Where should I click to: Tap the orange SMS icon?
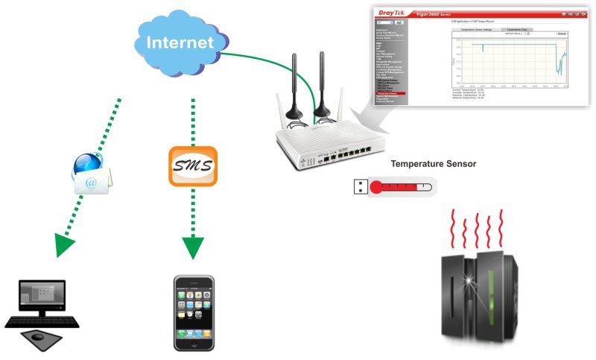pyautogui.click(x=192, y=166)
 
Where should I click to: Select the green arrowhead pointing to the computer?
pyautogui.click(x=66, y=245)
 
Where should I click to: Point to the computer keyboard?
pyautogui.click(x=42, y=322)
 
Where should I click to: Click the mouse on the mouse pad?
pyautogui.click(x=37, y=338)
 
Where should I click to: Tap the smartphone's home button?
pyautogui.click(x=194, y=344)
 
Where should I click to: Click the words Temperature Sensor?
pyautogui.click(x=434, y=164)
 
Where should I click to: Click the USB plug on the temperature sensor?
pyautogui.click(x=358, y=187)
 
